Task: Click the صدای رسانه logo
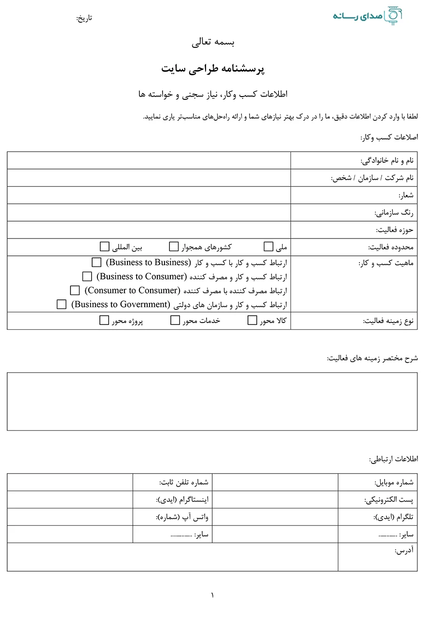coord(368,15)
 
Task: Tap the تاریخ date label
coord(84,18)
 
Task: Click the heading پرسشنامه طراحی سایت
coord(213,69)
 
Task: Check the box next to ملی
coord(269,247)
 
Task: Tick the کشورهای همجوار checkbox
coord(174,247)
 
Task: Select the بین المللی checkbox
coord(104,247)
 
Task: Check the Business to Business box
coord(96,263)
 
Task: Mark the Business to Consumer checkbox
coord(87,277)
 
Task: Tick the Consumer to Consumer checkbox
coord(75,291)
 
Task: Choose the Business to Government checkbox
coord(61,305)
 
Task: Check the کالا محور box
coord(252,321)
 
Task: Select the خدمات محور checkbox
coord(175,321)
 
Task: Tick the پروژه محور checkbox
coord(104,321)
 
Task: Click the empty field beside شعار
coord(149,195)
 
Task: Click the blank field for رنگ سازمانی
coord(149,212)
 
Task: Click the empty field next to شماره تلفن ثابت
coord(70,482)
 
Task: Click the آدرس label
coord(404,550)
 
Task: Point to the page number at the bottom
coord(212,595)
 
